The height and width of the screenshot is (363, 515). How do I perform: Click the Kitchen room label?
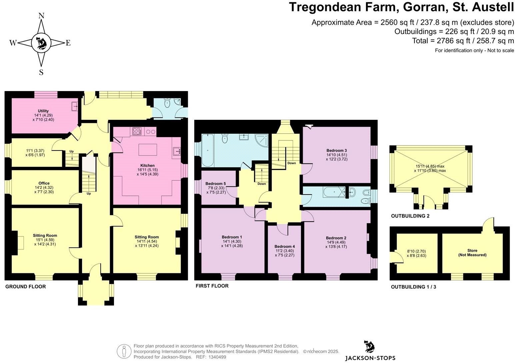coord(147,165)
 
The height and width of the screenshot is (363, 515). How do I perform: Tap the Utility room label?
coord(43,111)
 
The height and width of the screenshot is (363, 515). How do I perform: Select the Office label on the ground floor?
coord(44,183)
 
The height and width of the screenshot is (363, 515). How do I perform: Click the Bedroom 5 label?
coord(215,184)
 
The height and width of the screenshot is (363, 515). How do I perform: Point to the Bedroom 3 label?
coord(337,150)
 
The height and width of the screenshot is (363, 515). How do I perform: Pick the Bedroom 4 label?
coord(284,246)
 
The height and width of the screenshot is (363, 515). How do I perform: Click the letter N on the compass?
coord(41,16)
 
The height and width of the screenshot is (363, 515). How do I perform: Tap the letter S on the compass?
coord(41,72)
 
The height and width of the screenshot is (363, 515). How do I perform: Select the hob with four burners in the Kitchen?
coord(137,131)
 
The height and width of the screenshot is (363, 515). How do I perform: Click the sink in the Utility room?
coord(75,107)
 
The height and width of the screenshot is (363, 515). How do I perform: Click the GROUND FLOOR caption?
coord(26,287)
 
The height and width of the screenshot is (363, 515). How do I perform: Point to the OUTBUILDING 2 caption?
coord(410,216)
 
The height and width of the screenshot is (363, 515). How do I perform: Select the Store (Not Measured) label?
coord(472,253)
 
